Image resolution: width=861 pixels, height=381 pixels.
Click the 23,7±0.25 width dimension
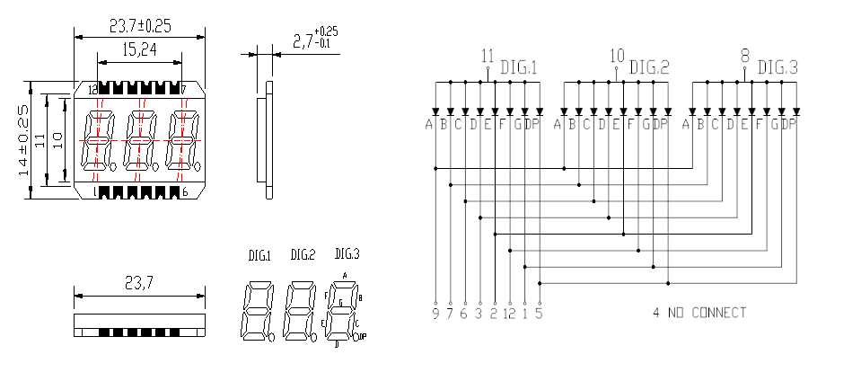(140, 24)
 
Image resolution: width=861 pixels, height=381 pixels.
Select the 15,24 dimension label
(139, 51)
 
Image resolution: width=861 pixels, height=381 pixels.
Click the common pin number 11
(488, 54)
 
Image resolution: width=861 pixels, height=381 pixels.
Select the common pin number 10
(616, 54)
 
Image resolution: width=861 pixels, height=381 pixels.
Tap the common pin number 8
(744, 54)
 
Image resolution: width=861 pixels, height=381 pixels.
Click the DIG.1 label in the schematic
(518, 67)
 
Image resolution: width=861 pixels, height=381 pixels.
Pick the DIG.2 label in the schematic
(649, 67)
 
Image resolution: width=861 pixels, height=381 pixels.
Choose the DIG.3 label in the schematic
(777, 67)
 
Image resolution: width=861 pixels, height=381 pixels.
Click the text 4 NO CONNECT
(699, 313)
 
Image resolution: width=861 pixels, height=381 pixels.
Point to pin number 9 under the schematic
(435, 314)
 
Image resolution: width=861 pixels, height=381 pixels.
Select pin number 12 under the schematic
(509, 314)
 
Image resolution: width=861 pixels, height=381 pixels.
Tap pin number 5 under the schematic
(539, 314)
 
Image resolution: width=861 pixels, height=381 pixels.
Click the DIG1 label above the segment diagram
(259, 256)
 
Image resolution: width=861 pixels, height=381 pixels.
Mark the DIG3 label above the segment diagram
(347, 253)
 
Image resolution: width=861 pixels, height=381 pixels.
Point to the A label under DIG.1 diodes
(430, 124)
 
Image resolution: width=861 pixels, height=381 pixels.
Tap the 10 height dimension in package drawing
(57, 139)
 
